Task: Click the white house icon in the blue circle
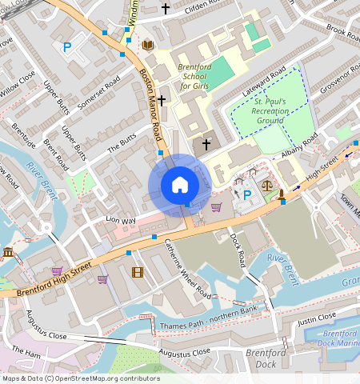[180, 186]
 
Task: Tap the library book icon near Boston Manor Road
[147, 45]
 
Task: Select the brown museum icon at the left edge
[8, 254]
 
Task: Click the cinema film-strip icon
[138, 273]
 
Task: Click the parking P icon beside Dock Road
[247, 194]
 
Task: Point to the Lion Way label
[122, 218]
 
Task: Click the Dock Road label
[237, 250]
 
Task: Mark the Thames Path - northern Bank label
[211, 314]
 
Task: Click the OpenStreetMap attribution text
[80, 378]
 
